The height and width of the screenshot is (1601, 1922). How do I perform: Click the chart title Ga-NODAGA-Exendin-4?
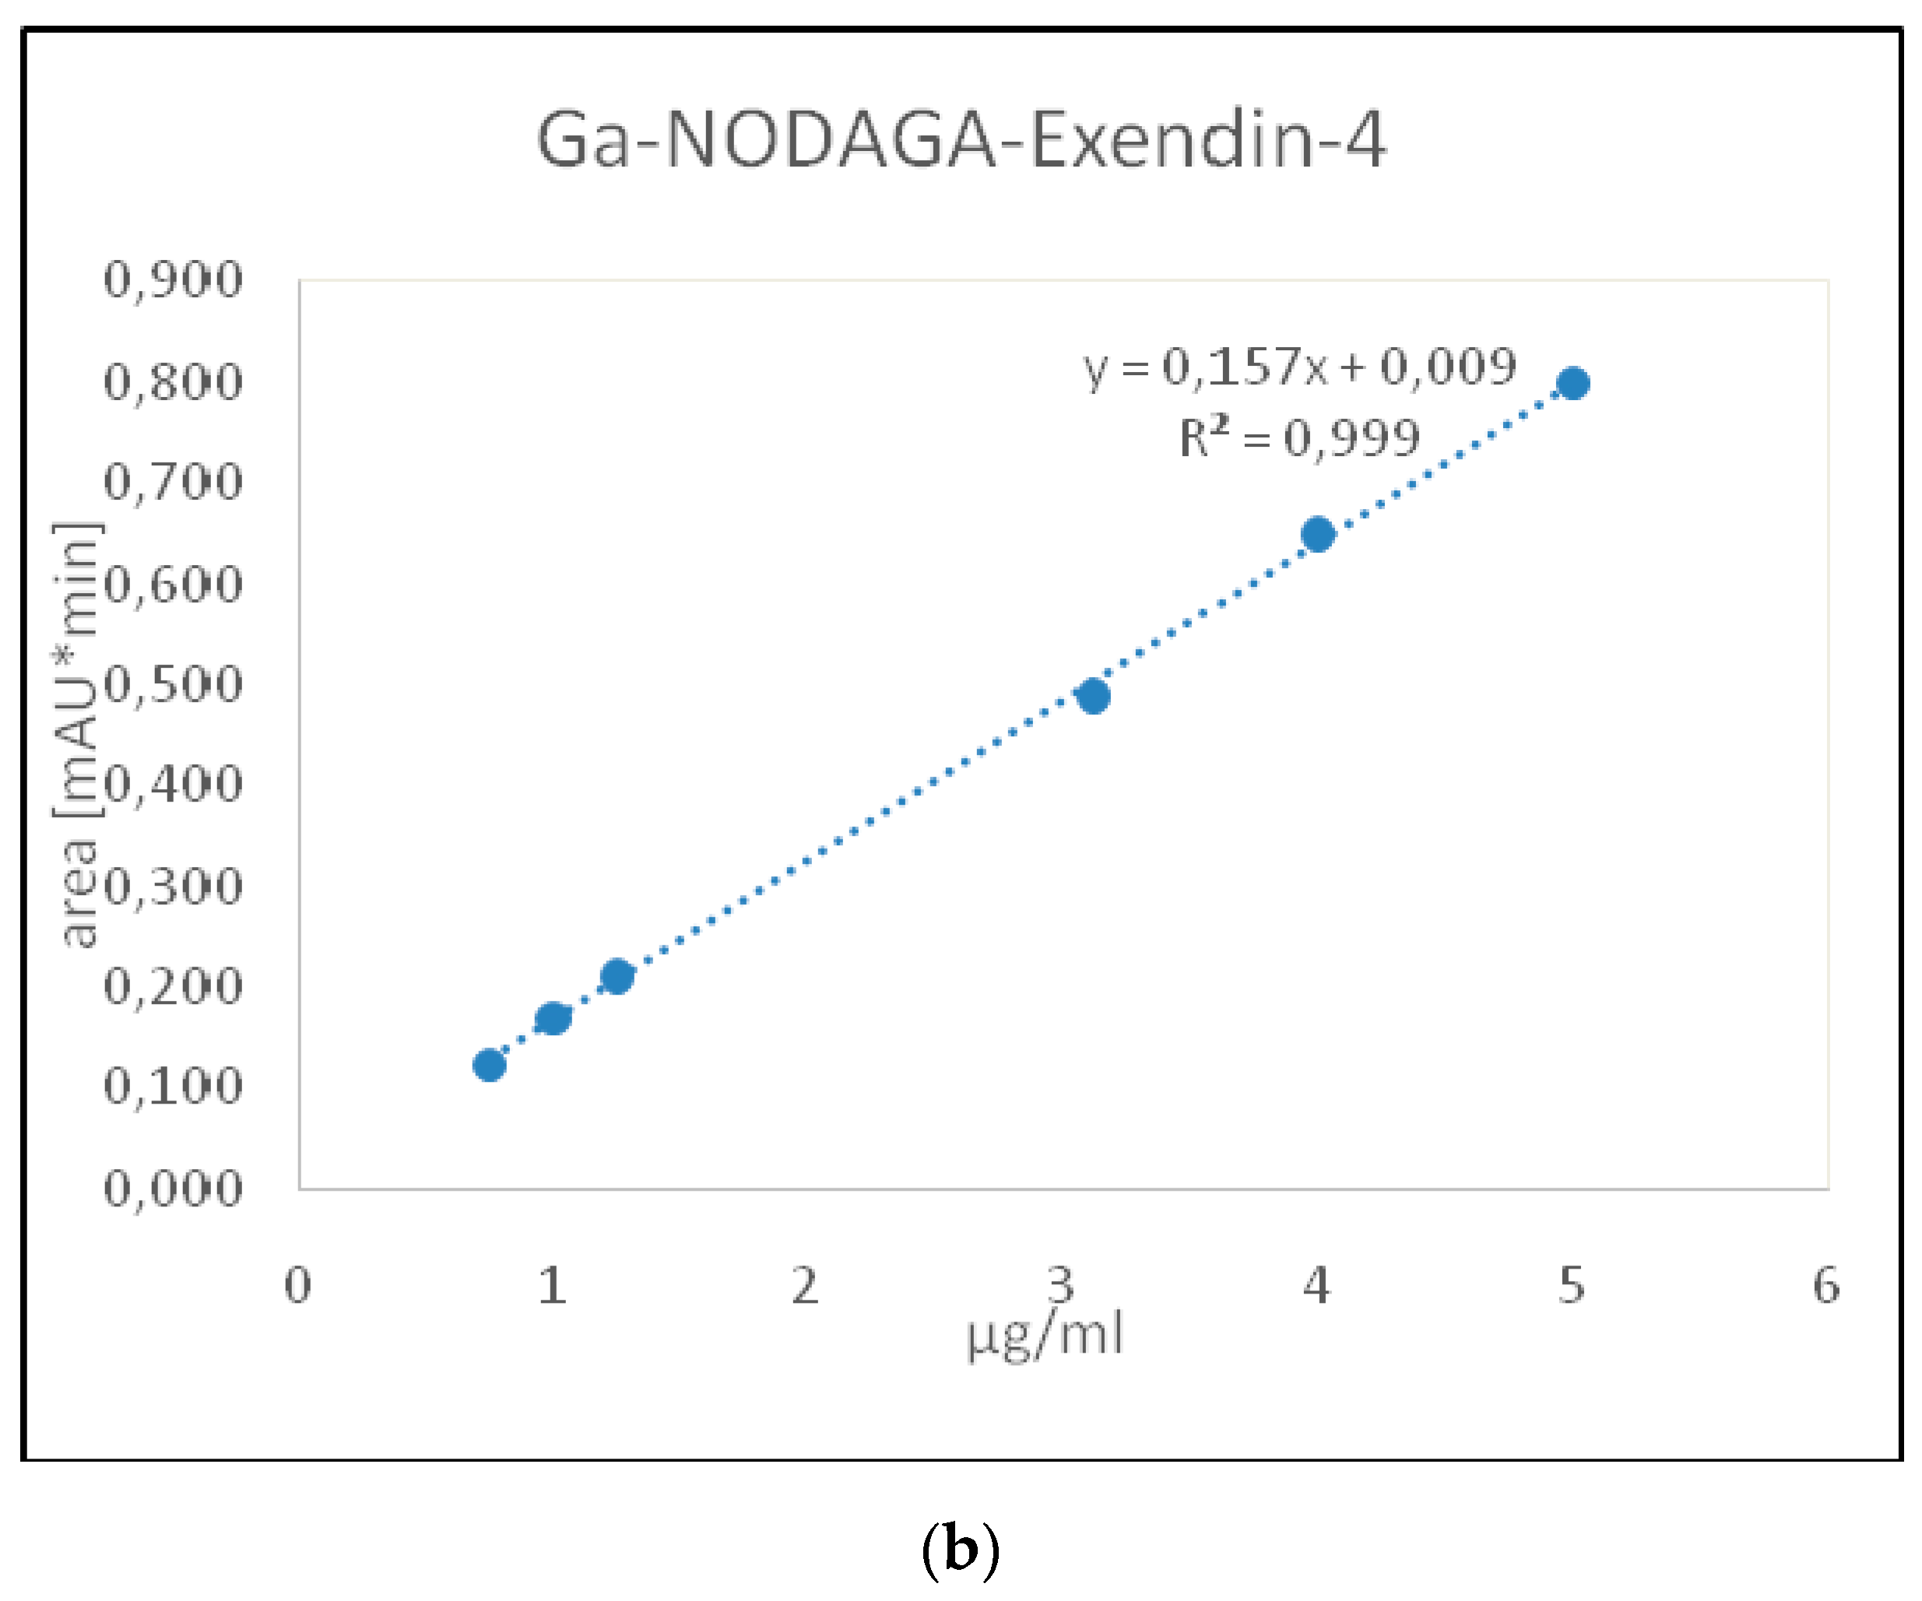point(960,139)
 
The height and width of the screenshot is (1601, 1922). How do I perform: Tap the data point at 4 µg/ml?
point(1317,534)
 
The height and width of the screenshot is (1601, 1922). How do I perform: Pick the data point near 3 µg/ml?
point(1093,697)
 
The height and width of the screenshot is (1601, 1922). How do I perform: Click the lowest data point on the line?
point(490,1065)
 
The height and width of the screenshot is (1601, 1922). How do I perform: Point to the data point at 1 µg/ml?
point(553,1017)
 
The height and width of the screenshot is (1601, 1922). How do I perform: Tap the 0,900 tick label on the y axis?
point(173,279)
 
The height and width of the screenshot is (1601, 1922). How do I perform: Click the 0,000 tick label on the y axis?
point(173,1188)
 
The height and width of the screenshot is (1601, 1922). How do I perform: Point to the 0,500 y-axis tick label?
point(173,683)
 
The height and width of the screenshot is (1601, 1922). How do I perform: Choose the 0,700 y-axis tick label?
point(173,481)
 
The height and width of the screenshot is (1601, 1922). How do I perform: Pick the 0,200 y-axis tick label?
point(173,986)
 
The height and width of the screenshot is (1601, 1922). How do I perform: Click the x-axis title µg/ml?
point(1044,1336)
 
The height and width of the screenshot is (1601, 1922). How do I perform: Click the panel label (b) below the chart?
point(960,1548)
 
